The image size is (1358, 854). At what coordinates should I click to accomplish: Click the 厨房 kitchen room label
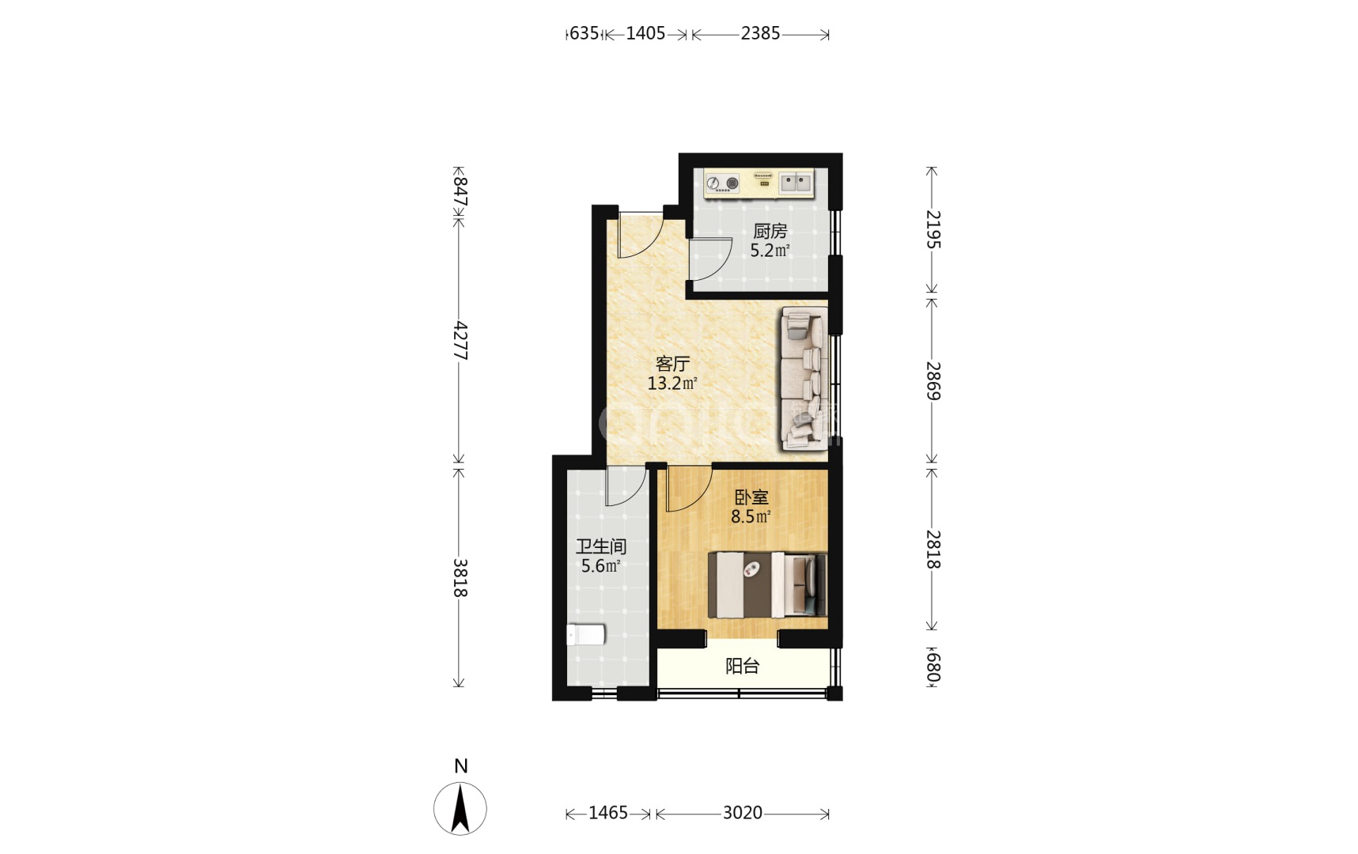(770, 231)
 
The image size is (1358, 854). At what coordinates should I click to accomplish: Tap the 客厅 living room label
(672, 364)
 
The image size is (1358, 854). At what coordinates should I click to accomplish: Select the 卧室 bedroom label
(751, 497)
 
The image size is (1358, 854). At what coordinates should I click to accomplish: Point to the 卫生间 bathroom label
(601, 546)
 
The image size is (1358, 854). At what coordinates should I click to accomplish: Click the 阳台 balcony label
(742, 667)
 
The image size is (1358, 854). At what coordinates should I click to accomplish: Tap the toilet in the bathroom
(586, 634)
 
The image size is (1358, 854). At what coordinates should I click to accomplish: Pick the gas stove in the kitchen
(722, 183)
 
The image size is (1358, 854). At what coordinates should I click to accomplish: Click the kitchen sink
(796, 183)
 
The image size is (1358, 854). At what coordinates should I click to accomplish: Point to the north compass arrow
(460, 808)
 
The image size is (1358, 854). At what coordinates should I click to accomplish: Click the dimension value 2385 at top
(761, 33)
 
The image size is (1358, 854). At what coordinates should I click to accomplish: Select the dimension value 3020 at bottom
(743, 813)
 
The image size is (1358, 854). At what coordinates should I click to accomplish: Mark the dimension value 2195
(933, 229)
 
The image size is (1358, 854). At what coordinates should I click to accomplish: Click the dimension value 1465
(608, 813)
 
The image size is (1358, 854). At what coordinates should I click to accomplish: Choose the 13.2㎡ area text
(672, 384)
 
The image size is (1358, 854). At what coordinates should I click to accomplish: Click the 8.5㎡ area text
(751, 517)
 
